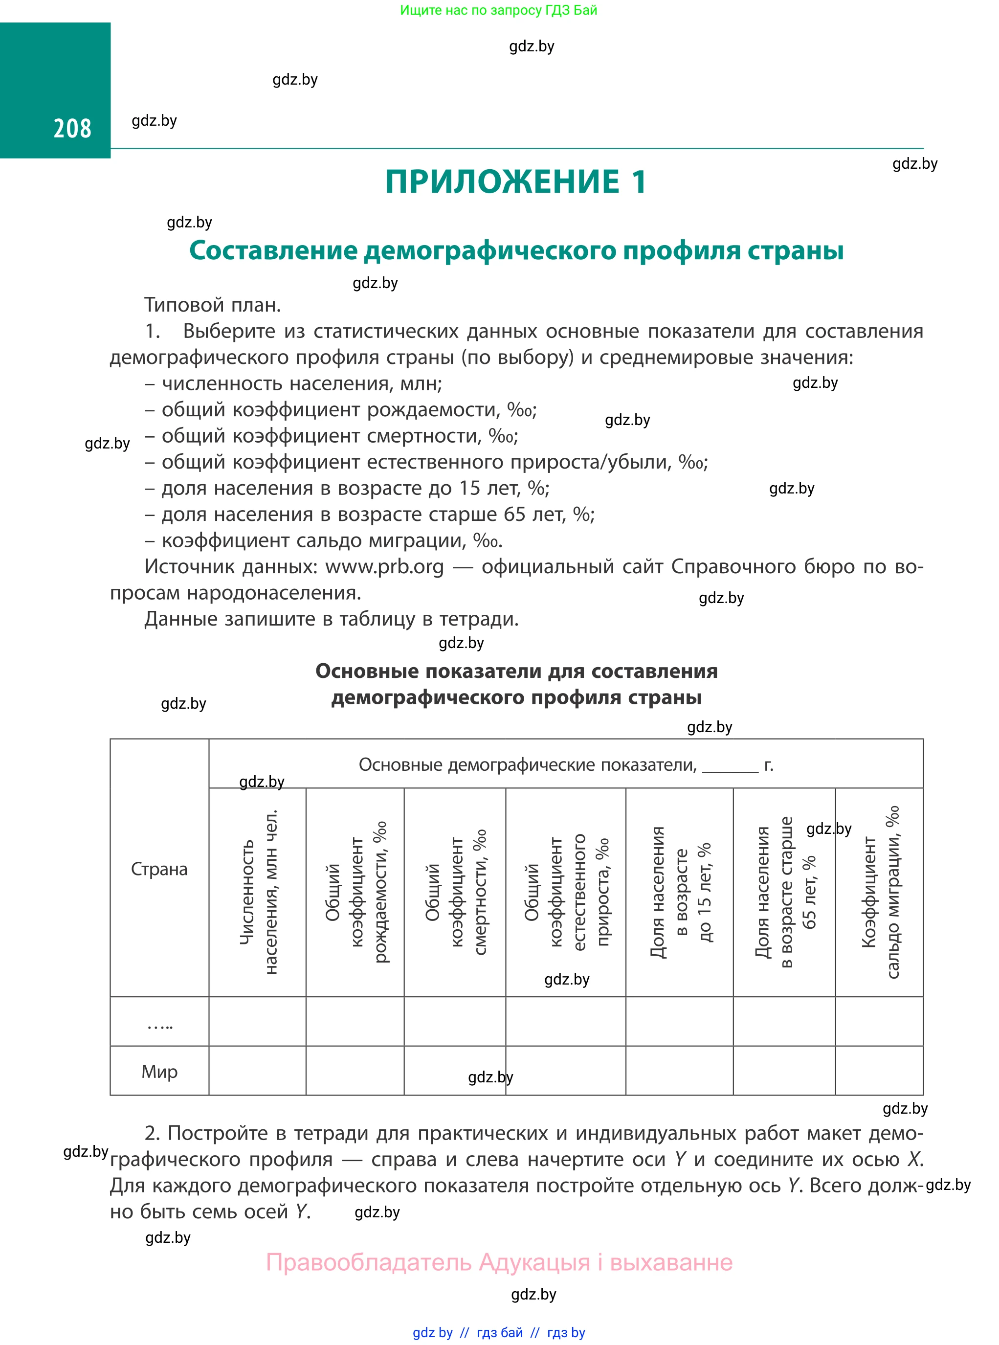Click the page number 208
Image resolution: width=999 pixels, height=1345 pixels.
coord(72,128)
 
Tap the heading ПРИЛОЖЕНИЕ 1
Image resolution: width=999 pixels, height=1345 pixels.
coord(516,181)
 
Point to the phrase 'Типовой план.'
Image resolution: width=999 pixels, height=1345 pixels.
coord(212,305)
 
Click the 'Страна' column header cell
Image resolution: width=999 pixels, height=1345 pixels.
coord(159,869)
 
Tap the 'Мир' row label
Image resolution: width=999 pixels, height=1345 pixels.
coord(159,1072)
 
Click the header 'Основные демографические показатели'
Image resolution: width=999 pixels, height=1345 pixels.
coord(527,765)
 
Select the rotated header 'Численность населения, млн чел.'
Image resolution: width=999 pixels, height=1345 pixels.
coord(258,892)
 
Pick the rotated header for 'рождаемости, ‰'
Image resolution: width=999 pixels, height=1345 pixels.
coord(355,892)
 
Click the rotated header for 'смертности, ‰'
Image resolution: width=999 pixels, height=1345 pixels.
coord(455,892)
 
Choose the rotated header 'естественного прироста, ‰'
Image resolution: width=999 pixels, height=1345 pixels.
coord(566,892)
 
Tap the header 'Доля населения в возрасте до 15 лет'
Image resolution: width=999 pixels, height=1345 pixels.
coord(680,892)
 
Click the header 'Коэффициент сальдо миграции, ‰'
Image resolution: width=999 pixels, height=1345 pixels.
coord(880,892)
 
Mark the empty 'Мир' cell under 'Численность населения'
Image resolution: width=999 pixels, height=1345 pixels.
coord(258,1072)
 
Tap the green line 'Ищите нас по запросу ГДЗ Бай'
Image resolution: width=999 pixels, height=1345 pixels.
coord(498,10)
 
